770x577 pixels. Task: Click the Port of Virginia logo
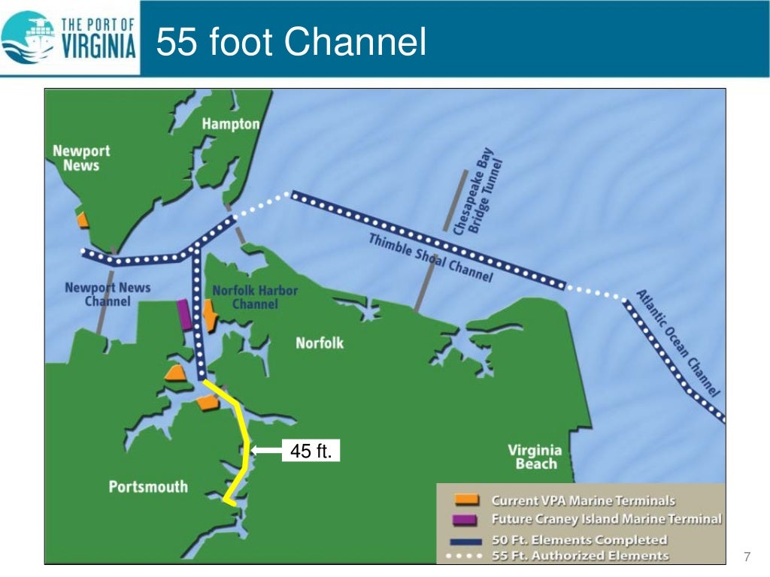pos(70,38)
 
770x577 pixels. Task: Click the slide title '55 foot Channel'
pos(291,42)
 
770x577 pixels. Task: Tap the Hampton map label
pos(230,124)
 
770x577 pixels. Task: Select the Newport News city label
pos(80,158)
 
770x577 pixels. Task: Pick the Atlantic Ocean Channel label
pos(678,343)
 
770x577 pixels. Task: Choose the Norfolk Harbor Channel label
pos(255,297)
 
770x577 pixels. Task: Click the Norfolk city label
pos(320,343)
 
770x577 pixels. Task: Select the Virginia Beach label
pos(535,457)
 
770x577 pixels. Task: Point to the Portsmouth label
pos(148,486)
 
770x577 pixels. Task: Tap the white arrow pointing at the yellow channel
pos(266,451)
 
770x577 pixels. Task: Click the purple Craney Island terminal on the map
pos(184,315)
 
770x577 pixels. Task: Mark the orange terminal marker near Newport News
pos(83,219)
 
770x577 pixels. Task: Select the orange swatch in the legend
pos(466,500)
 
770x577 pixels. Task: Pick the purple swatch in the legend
pos(466,519)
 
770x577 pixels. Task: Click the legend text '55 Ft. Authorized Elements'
pos(580,556)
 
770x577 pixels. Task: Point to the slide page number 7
pos(747,557)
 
